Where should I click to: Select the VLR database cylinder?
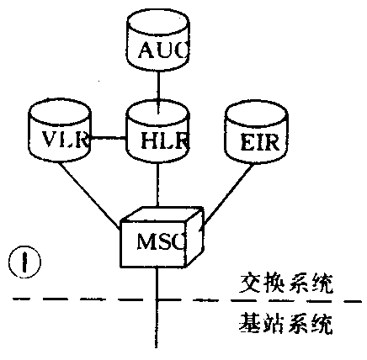point(59,134)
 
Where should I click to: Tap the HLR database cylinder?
point(157,134)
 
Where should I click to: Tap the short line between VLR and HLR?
point(108,138)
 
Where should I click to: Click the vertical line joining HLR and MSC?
point(157,185)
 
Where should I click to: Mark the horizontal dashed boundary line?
point(84,300)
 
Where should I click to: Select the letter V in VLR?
point(49,140)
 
